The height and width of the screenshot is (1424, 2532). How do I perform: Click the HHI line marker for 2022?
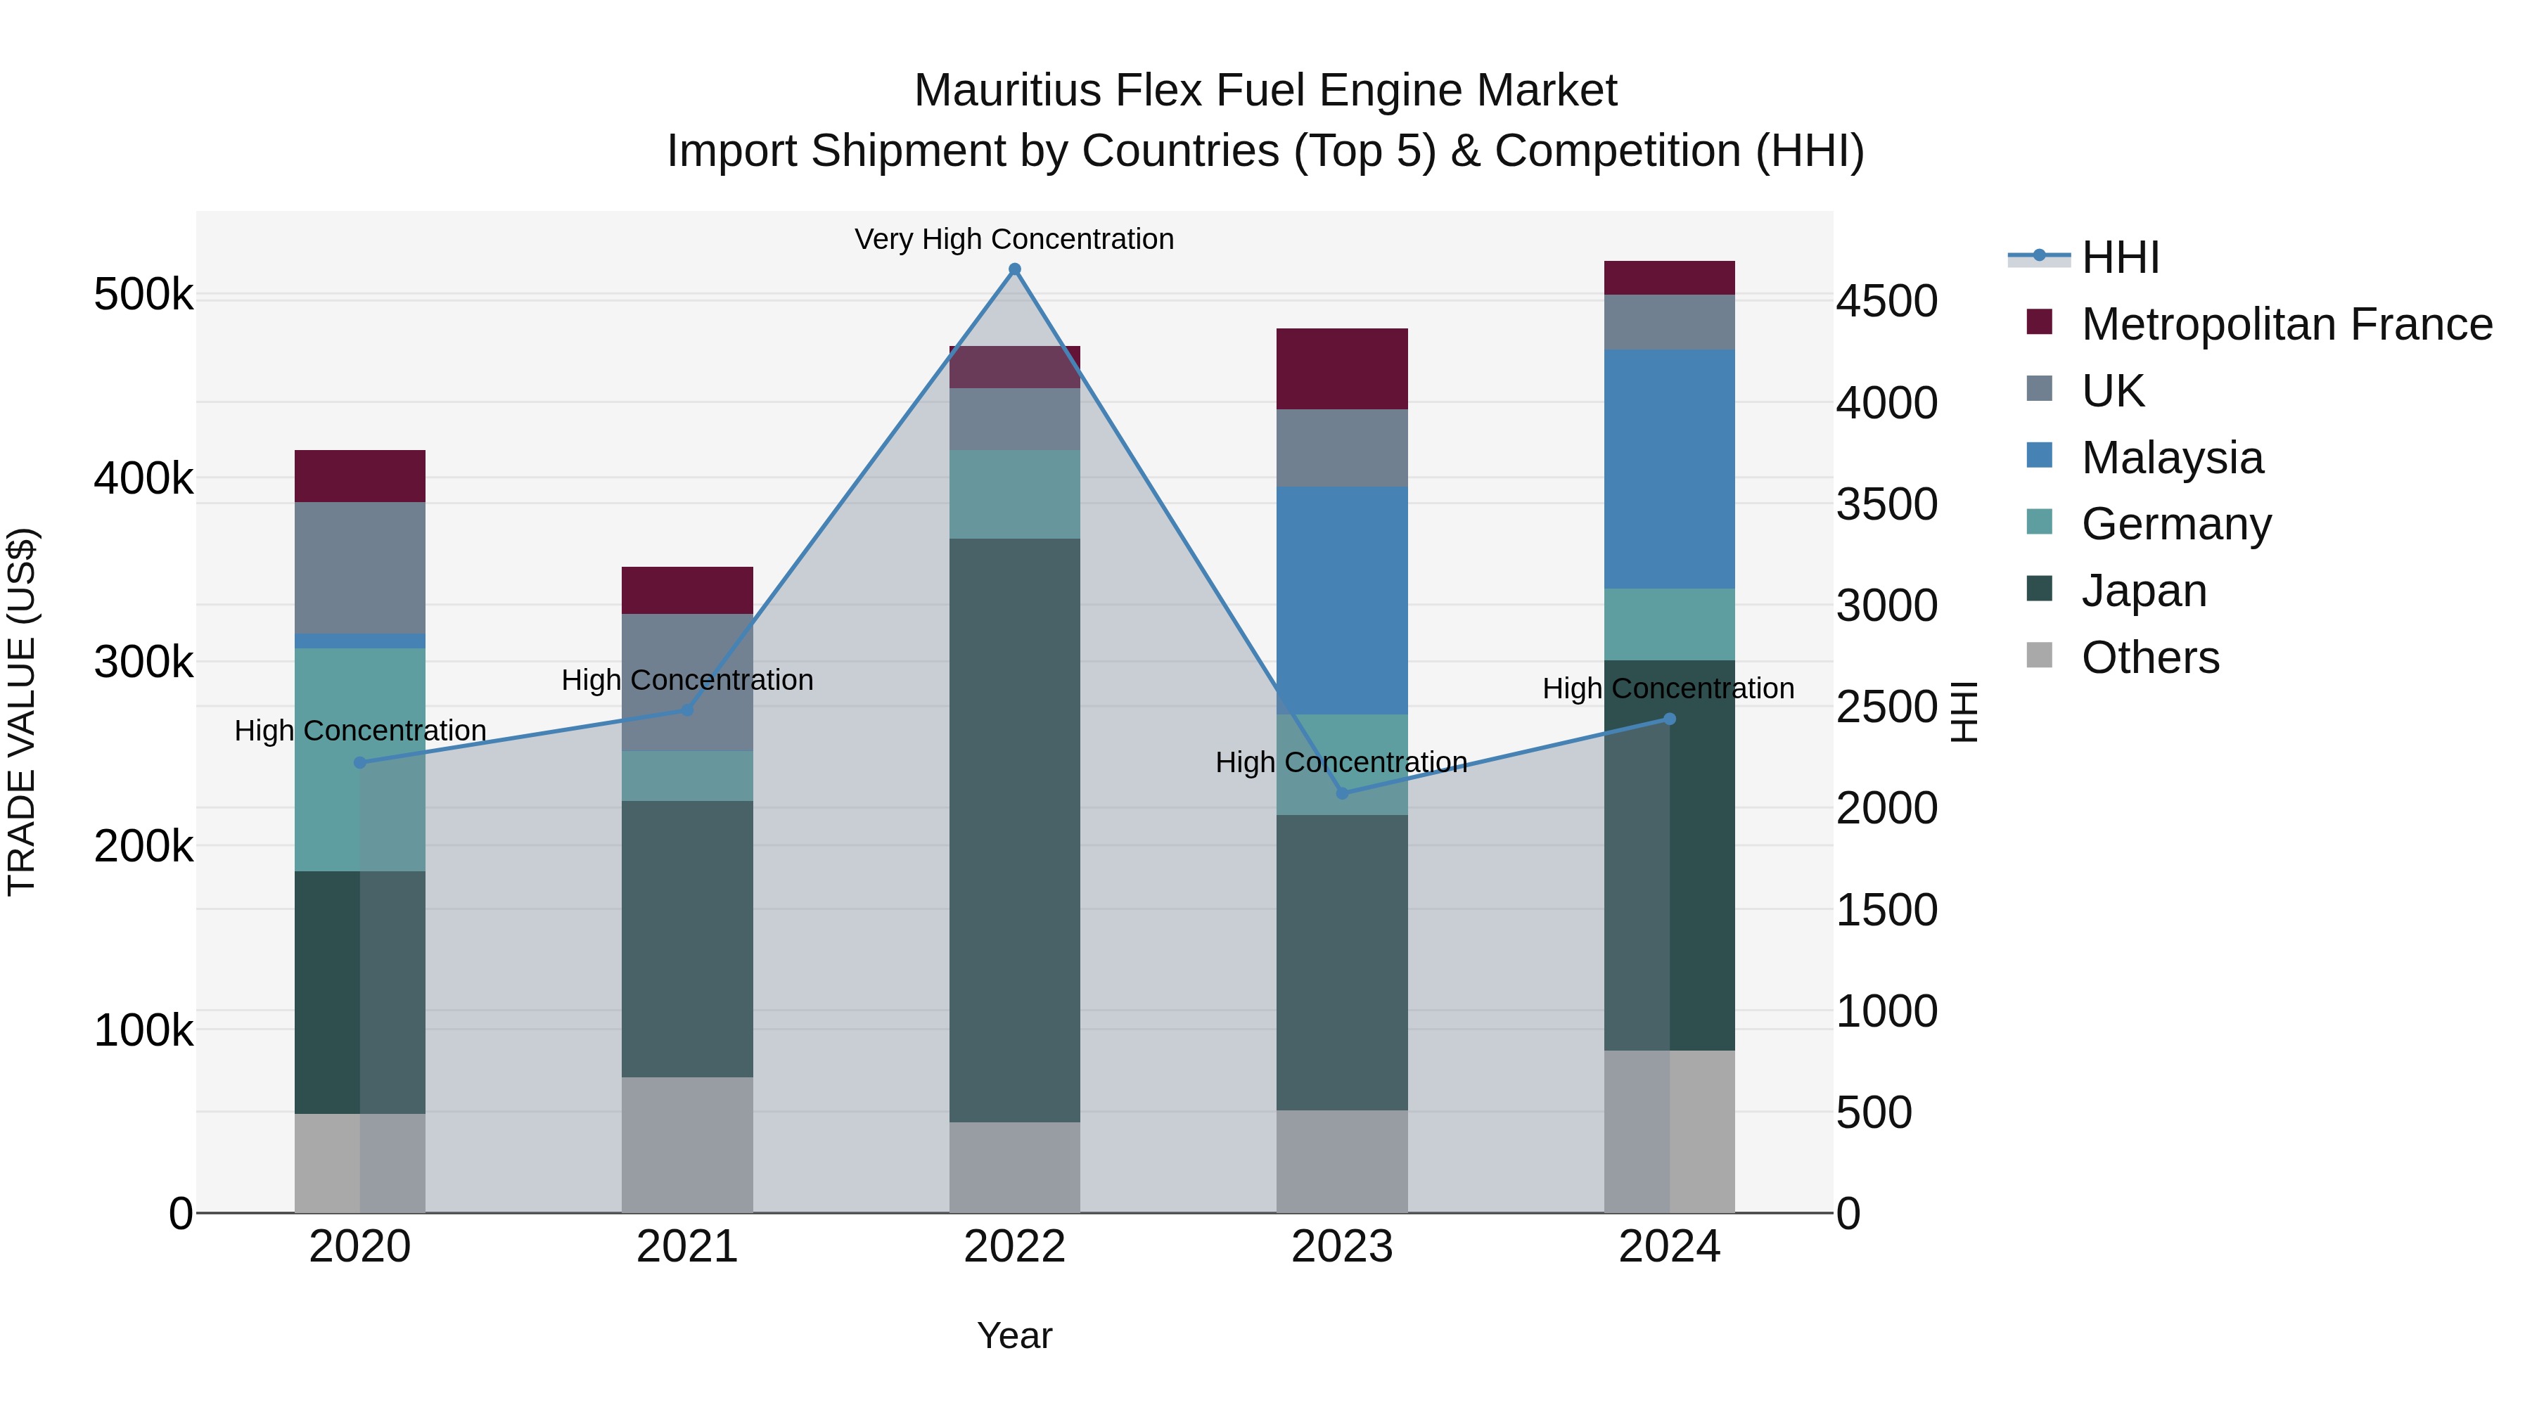pyautogui.click(x=1014, y=269)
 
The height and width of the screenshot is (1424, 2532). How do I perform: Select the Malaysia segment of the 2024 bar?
pyautogui.click(x=1669, y=469)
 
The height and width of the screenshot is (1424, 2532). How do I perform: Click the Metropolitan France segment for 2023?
pyautogui.click(x=1342, y=368)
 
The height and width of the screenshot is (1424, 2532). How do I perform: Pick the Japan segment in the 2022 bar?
pyautogui.click(x=1014, y=830)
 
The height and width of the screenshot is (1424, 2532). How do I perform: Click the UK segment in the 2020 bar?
pyautogui.click(x=359, y=568)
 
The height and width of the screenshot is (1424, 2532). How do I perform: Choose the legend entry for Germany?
pyautogui.click(x=2175, y=524)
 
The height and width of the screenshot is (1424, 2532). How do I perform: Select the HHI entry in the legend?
pyautogui.click(x=2120, y=257)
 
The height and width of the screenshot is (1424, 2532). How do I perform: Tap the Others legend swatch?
pyautogui.click(x=2040, y=655)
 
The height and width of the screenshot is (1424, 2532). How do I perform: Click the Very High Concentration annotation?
pyautogui.click(x=1014, y=240)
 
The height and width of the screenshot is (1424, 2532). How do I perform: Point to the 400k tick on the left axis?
pyautogui.click(x=143, y=479)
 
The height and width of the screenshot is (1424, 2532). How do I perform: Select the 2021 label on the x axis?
pyautogui.click(x=687, y=1247)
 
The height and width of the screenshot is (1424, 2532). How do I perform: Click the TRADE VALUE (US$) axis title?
pyautogui.click(x=22, y=712)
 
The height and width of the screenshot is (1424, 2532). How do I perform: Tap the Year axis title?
pyautogui.click(x=1014, y=1335)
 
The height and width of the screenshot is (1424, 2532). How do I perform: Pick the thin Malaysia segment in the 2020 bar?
pyautogui.click(x=359, y=641)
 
